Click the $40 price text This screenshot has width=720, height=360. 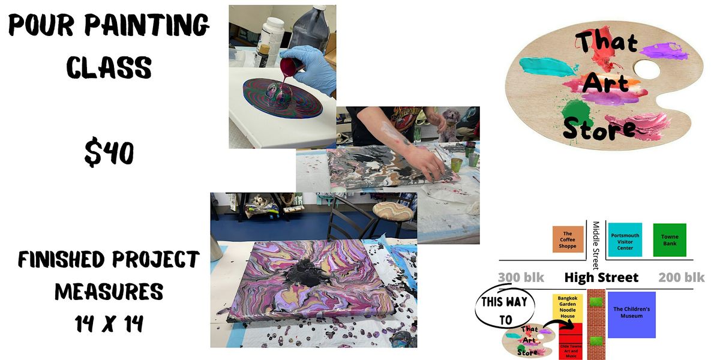point(109,154)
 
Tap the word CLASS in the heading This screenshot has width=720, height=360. point(109,67)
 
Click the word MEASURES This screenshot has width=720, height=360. point(109,292)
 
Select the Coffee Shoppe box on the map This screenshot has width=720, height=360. point(568,240)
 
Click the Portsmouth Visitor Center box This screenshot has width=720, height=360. point(625,240)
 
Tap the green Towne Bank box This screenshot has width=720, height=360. point(669,240)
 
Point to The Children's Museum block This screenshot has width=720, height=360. point(631,314)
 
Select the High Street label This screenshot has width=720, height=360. point(601,278)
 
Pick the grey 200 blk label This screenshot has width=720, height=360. point(682,278)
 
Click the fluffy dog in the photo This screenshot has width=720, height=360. point(448,124)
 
